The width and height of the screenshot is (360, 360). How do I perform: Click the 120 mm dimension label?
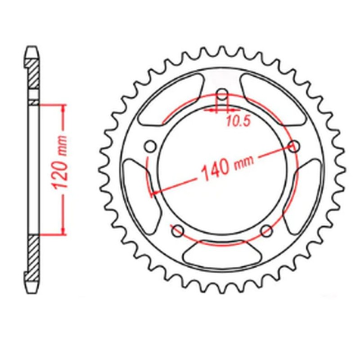pos(63,162)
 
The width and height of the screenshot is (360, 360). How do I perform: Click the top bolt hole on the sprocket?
pos(222,95)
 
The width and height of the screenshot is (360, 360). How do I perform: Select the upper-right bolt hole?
pos(293,146)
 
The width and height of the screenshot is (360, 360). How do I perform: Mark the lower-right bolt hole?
pos(267,230)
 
